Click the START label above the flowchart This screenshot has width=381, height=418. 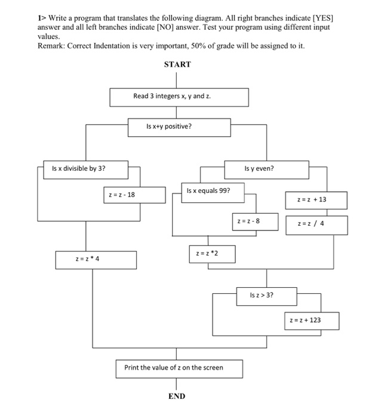tap(177, 64)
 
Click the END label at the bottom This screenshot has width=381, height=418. tap(177, 396)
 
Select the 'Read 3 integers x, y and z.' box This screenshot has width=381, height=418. tap(179, 97)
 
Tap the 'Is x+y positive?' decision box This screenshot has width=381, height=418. tap(179, 127)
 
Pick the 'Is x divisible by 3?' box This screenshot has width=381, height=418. tap(86, 169)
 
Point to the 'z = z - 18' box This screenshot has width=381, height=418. tap(134, 195)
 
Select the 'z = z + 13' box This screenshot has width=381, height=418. tap(315, 200)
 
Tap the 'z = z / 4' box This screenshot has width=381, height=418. tap(315, 225)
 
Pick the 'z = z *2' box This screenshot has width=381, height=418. tap(212, 253)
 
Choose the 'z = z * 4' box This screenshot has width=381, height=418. tap(96, 260)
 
